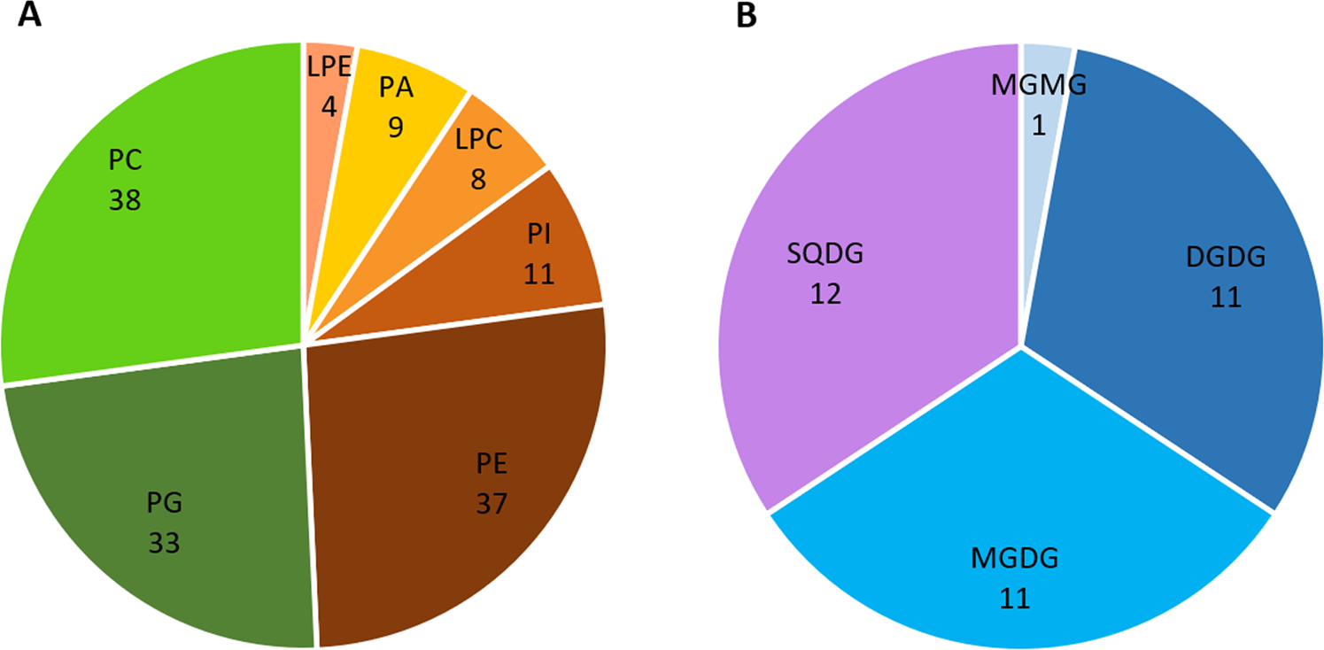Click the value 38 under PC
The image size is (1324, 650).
click(126, 200)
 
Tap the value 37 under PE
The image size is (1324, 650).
click(490, 503)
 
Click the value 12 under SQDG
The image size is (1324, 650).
click(825, 293)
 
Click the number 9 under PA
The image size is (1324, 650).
click(395, 128)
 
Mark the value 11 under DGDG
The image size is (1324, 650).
click(1227, 297)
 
